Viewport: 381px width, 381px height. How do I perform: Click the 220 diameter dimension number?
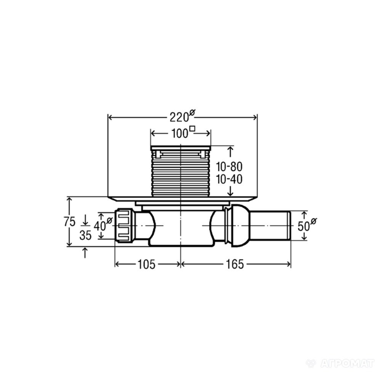coord(179,118)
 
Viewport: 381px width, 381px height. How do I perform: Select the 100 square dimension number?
coord(180,134)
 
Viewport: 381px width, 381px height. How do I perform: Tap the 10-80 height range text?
coord(229,167)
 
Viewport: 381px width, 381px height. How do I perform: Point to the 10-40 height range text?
coord(229,179)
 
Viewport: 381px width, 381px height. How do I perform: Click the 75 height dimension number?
coord(70,222)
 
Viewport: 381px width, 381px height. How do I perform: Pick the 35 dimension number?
coord(85,235)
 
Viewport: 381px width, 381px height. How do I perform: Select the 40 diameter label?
coord(100,226)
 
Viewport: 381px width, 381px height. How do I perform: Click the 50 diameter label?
coord(304,226)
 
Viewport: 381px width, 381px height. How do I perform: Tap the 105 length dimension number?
coord(146,264)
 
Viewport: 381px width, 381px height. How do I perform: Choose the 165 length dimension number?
coord(235,264)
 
